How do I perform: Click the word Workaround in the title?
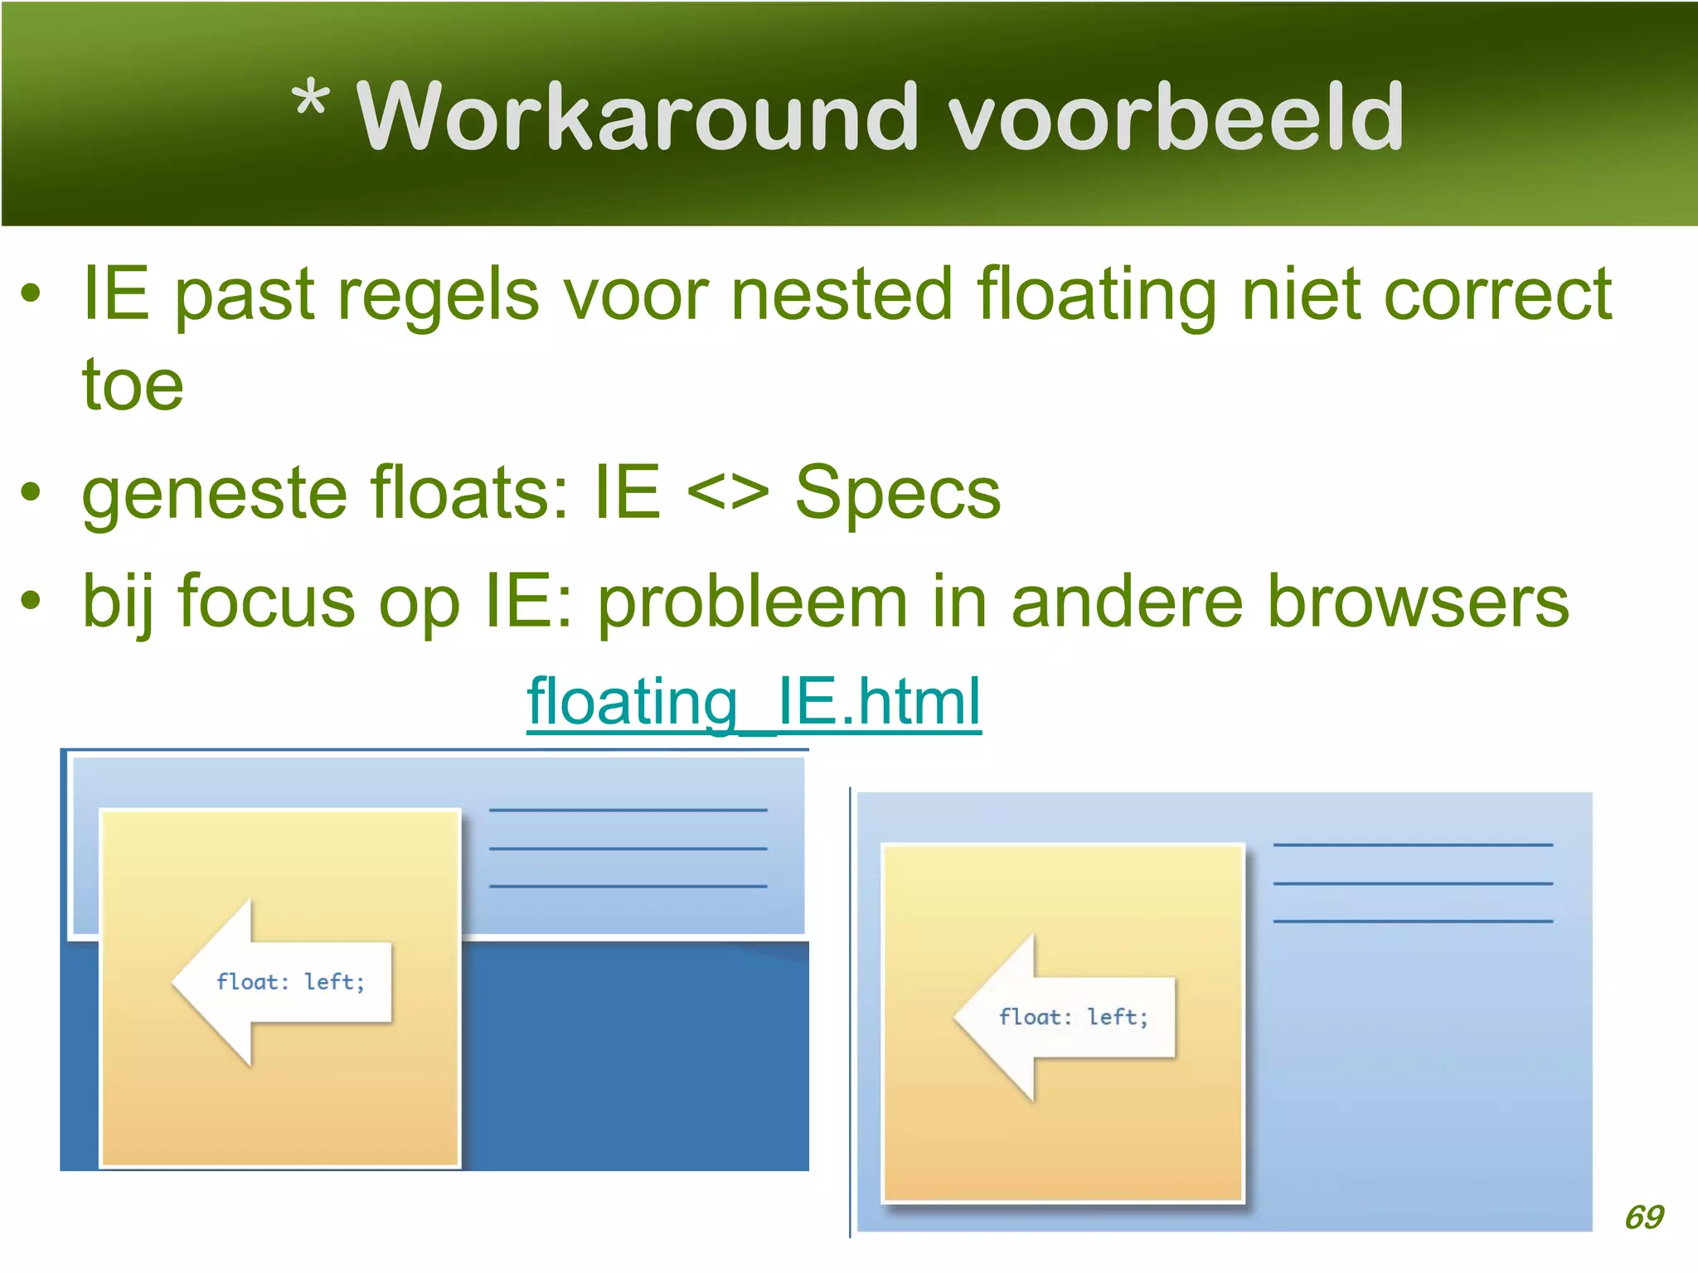click(637, 118)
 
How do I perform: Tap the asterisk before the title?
click(310, 101)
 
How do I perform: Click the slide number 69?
click(1643, 1217)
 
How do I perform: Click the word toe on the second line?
click(133, 385)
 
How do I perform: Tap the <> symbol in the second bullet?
click(728, 493)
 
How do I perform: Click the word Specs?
click(898, 493)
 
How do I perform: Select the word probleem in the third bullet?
click(752, 603)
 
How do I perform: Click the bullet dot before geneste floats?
click(31, 492)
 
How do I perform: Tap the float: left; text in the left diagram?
click(291, 982)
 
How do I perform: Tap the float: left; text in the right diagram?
click(1074, 1017)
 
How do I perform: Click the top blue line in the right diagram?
click(1412, 845)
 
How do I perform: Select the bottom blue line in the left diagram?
click(628, 886)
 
